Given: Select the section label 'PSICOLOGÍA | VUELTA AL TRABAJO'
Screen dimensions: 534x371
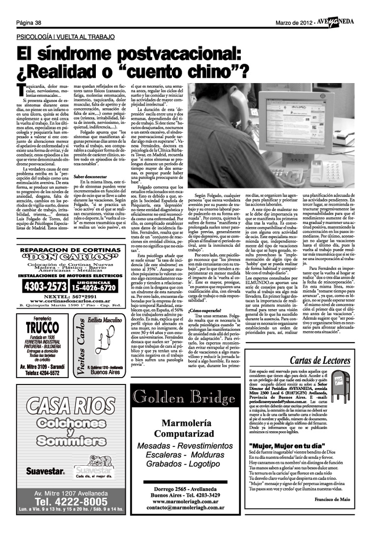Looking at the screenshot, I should [x=65, y=37].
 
